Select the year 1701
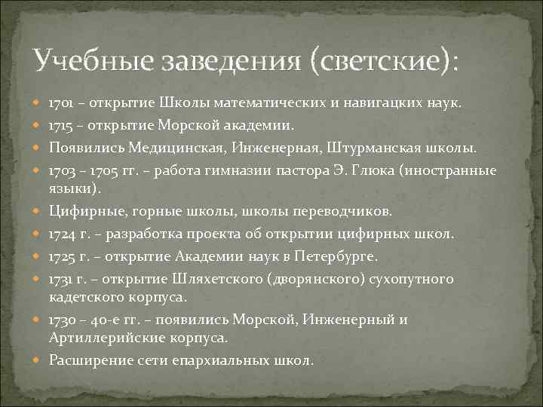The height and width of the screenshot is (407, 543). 61,101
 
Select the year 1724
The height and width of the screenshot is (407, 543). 61,234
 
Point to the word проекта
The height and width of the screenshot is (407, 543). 209,234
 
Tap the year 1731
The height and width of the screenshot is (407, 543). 60,280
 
